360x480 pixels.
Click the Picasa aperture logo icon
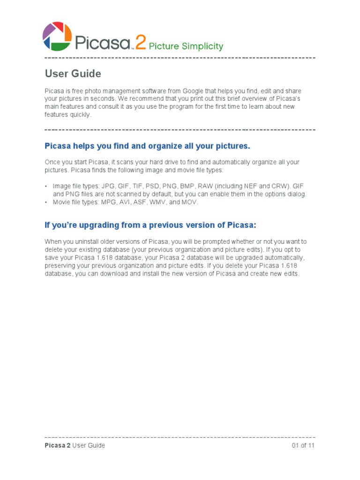[x=57, y=36]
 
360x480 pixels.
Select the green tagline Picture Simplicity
[x=186, y=46]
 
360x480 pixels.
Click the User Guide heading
[x=73, y=74]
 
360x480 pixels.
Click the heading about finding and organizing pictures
[x=147, y=146]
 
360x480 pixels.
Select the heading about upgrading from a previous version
[x=150, y=225]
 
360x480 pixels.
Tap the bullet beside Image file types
[x=46, y=187]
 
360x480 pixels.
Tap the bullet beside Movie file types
[x=46, y=202]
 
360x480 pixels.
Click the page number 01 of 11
[x=303, y=445]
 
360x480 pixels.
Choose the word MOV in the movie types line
[x=190, y=202]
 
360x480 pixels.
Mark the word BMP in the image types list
[x=187, y=186]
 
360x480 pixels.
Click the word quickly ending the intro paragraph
[x=80, y=114]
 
